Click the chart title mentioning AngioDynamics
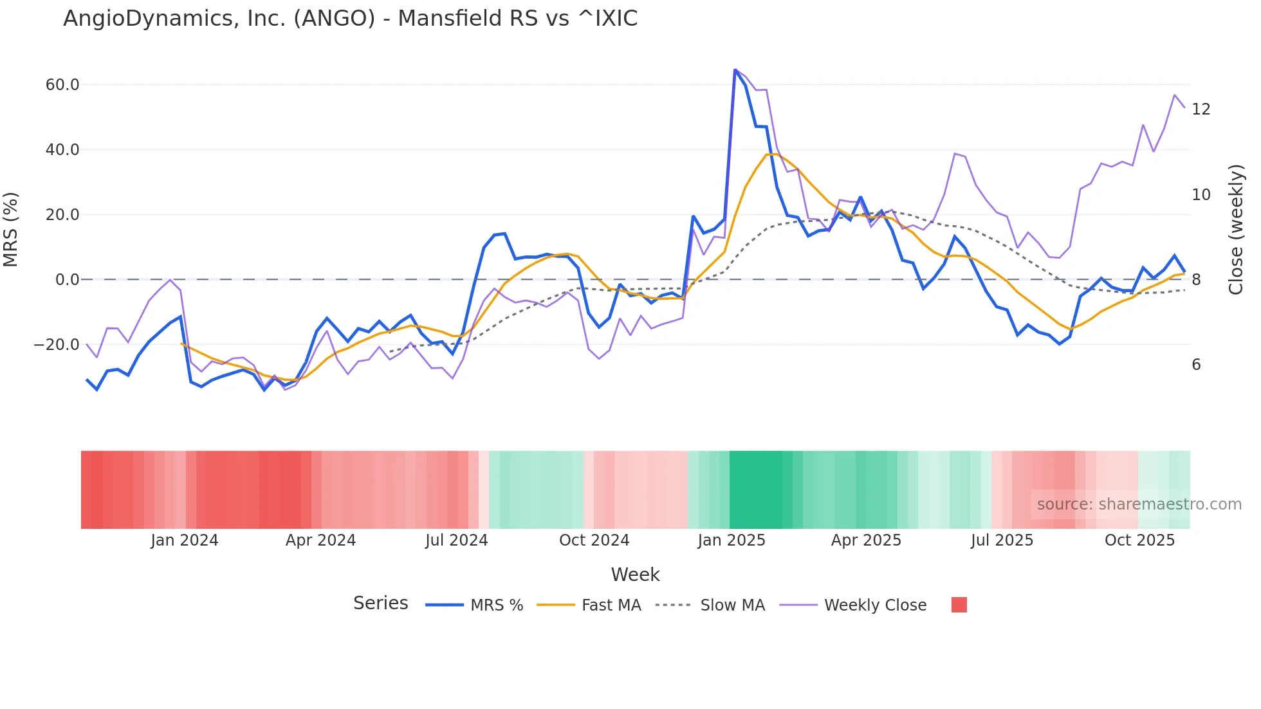(350, 19)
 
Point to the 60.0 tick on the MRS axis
(62, 85)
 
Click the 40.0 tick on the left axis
(62, 150)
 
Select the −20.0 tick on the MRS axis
(57, 345)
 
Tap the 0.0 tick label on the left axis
(68, 280)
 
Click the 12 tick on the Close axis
(1201, 109)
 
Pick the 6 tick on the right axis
(1197, 365)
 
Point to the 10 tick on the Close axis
(1201, 195)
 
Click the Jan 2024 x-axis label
(185, 540)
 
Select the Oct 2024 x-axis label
(594, 540)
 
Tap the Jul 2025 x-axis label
(1002, 540)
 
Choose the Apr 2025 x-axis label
(866, 540)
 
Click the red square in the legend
(959, 605)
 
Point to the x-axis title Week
(635, 575)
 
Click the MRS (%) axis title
(11, 229)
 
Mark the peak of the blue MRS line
(735, 70)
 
